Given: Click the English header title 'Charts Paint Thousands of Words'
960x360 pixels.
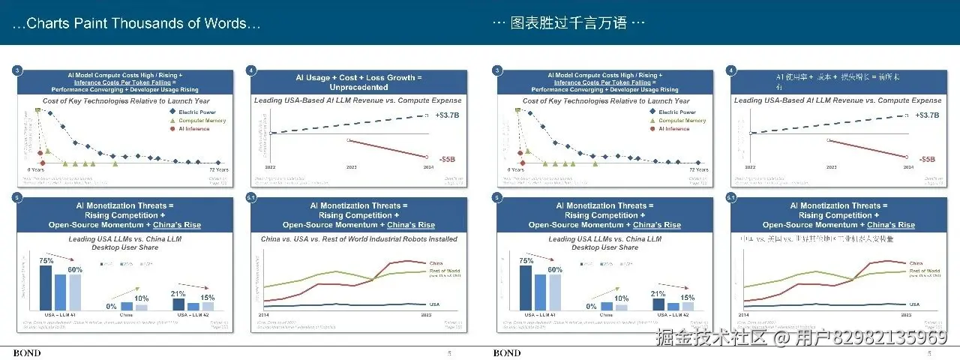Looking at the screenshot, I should tap(137, 23).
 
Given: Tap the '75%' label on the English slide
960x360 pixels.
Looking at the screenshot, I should tap(45, 260).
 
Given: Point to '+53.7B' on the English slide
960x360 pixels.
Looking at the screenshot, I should tap(446, 115).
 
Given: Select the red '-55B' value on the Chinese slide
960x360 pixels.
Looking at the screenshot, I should tap(927, 159).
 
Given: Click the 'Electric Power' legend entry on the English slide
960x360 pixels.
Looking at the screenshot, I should tap(196, 112).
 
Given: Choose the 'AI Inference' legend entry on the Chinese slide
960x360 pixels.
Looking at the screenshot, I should tap(673, 128).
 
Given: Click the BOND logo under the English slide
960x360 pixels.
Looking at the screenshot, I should tap(27, 353).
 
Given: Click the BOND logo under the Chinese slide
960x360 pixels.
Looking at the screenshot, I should tap(507, 353).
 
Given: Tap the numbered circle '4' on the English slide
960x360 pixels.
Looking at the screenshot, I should tap(251, 70).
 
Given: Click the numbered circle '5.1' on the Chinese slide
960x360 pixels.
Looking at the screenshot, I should tap(731, 198).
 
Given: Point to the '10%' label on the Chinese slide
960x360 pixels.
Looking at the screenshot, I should tap(621, 298).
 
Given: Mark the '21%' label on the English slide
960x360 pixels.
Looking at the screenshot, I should tap(178, 293).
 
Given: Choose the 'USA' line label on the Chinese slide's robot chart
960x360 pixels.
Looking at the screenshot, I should tap(913, 304).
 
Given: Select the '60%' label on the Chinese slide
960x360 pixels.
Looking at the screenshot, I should tap(555, 269).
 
